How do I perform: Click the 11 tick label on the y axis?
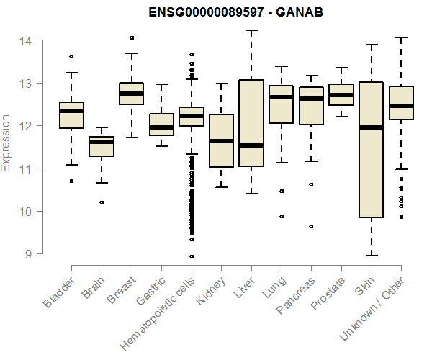coord(25,168)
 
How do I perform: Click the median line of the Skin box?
coord(371,127)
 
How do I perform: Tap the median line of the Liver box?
coord(251,145)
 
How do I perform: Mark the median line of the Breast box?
coord(131,94)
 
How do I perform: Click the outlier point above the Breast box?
coord(131,37)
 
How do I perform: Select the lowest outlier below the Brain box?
coord(102,202)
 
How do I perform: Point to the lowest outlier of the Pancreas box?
coord(311,226)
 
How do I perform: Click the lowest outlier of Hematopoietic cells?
coord(192,256)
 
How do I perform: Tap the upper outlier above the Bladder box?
coord(71,56)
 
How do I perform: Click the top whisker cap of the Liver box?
coord(251,30)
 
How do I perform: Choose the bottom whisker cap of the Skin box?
coord(371,255)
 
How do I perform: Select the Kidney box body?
coord(221,140)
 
